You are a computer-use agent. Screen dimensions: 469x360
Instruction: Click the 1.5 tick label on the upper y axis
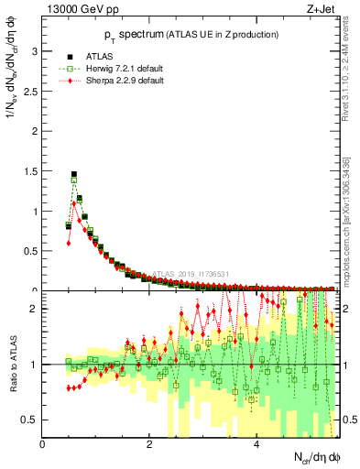pyautogui.click(x=31, y=171)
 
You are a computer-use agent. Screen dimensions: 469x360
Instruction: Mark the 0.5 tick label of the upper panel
pyautogui.click(x=31, y=251)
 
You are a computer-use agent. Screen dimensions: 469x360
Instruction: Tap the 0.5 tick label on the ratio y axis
pyautogui.click(x=31, y=420)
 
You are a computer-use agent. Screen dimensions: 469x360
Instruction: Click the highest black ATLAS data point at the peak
pyautogui.click(x=74, y=174)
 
